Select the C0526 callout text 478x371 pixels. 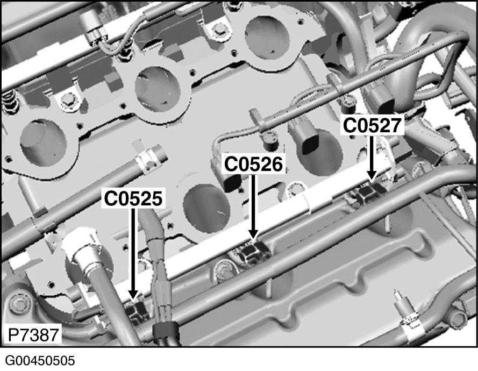pos(253,164)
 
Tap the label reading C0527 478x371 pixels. pos(373,126)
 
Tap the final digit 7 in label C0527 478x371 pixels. pos(395,126)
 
